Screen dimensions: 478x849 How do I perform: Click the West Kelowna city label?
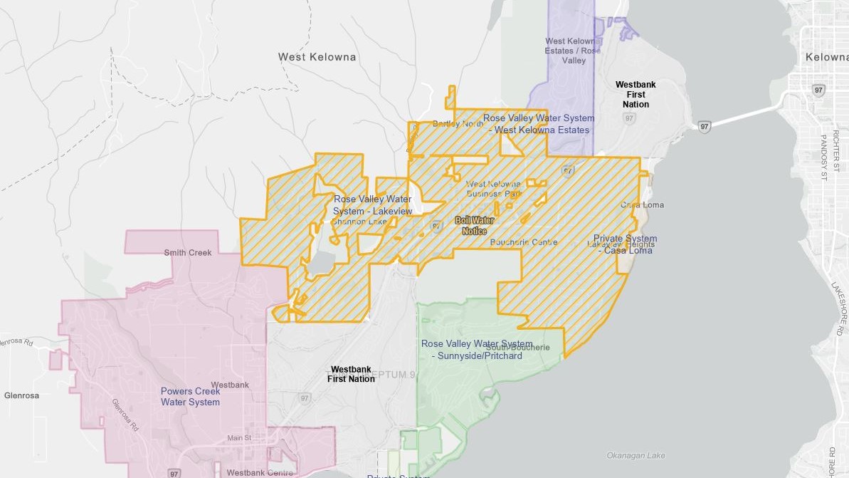317,57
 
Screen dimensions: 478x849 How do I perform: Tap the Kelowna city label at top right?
826,57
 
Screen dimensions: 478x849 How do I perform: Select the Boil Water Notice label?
474,226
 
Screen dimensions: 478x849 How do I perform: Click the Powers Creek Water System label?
190,397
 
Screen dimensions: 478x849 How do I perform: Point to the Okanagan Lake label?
636,456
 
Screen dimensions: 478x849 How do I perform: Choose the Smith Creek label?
188,253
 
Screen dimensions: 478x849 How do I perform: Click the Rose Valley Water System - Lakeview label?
372,205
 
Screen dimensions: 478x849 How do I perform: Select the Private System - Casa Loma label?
625,244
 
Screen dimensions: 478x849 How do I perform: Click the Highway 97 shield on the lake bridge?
704,126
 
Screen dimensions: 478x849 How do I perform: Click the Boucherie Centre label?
524,242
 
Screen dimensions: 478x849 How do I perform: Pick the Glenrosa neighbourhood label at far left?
21,395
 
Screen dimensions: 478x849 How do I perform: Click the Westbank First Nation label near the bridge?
636,95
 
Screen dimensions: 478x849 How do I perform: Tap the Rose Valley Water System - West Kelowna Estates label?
539,124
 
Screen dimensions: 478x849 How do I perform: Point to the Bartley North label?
458,124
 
